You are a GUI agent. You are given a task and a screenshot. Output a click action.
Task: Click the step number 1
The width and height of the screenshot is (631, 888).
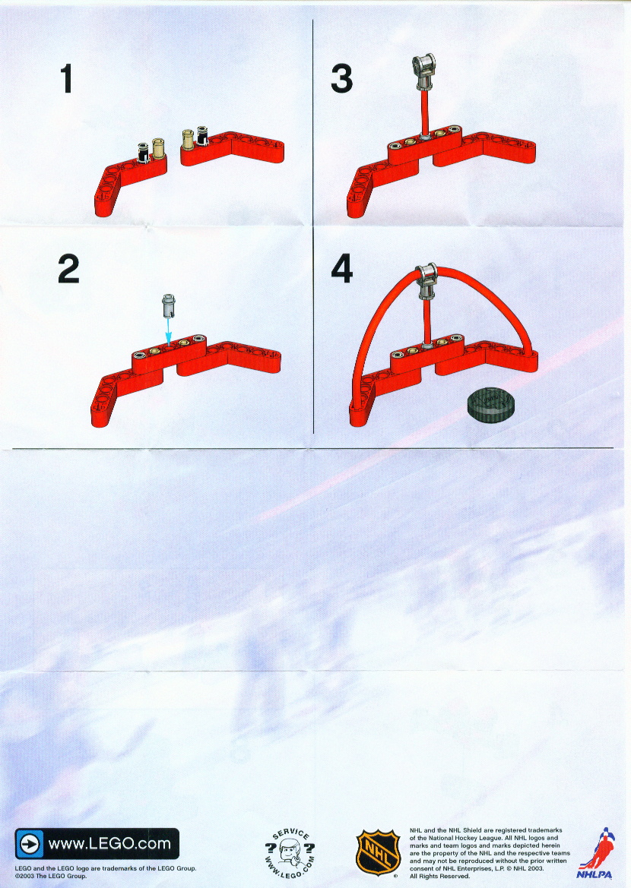(x=67, y=78)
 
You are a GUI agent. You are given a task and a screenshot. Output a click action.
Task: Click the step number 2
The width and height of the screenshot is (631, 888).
(x=68, y=269)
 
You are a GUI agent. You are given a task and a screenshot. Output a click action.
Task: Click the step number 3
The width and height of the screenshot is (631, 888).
(x=342, y=79)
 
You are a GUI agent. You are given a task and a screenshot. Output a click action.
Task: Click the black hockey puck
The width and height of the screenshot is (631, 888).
(x=490, y=404)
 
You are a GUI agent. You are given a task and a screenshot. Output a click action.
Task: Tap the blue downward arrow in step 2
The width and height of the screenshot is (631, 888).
(x=168, y=329)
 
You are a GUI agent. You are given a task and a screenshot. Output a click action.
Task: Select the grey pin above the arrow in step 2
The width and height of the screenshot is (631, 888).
(x=169, y=306)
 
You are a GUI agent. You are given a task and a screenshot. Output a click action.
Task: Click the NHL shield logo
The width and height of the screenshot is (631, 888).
(x=378, y=852)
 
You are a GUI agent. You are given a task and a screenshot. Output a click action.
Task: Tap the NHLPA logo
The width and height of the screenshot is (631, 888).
(x=595, y=853)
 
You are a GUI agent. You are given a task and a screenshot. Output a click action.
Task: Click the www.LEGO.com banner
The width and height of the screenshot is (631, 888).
(x=97, y=844)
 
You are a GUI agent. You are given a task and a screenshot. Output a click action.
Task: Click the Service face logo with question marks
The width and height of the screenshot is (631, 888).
(x=290, y=853)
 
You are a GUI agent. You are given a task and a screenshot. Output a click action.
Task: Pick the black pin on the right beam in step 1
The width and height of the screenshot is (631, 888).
(x=201, y=136)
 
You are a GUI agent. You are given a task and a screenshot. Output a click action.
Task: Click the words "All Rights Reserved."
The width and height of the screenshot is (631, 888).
(x=440, y=876)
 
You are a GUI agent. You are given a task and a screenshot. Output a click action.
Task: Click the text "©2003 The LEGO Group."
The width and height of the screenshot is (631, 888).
(x=51, y=876)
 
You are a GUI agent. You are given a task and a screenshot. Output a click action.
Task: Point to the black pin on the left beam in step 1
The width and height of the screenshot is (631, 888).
(x=144, y=153)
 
